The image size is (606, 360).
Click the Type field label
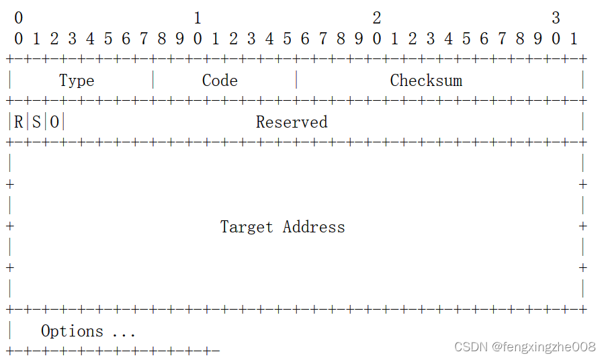77,81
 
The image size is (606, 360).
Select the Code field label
220,81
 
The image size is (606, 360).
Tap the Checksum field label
426,81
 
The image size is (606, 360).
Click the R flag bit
18,122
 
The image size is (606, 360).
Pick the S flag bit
36,122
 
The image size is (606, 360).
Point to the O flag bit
54,122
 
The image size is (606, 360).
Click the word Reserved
292,122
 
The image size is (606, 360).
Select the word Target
247,227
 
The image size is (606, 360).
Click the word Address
314,227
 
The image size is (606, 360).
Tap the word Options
72,331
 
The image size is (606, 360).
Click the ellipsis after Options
124,332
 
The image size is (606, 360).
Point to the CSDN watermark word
470,347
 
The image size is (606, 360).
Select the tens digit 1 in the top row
198,18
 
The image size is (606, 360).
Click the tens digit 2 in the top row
377,18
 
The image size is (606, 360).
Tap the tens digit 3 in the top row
556,18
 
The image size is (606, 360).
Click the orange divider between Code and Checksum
296,81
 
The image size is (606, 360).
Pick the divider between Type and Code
153,81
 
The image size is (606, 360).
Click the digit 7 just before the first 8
144,39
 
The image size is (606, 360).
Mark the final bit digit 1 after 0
574,39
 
